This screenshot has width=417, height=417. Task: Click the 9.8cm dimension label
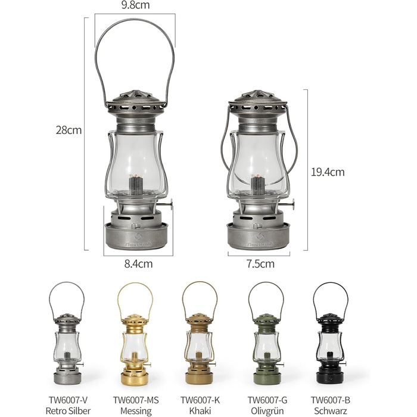coord(135,5)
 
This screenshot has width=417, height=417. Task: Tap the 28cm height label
coord(69,130)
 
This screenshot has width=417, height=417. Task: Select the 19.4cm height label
coord(328,172)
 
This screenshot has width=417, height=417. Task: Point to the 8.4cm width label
coord(139,263)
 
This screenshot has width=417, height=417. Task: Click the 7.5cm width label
coord(260,263)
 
